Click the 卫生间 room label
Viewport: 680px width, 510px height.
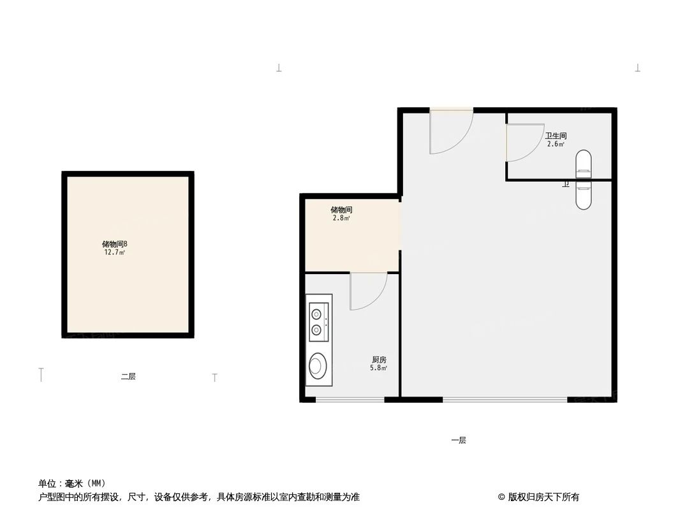tap(556, 136)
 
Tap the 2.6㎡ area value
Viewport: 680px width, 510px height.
tap(556, 144)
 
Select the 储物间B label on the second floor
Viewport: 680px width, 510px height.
tap(115, 244)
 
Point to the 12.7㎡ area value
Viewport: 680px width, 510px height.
tap(115, 252)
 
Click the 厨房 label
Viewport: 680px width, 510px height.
tap(379, 360)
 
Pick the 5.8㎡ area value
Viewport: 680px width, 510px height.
tap(379, 368)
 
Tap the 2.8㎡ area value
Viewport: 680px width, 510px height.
tap(341, 218)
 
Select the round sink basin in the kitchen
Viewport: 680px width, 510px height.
tap(316, 366)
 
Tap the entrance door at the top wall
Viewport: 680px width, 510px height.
tap(452, 131)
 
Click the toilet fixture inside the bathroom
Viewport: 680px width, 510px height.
tap(583, 164)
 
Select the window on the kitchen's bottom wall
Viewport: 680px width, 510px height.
tap(350, 400)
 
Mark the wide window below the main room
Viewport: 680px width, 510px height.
tap(505, 400)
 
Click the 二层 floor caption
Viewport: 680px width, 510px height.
tap(128, 377)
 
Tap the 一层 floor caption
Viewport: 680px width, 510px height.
tap(458, 441)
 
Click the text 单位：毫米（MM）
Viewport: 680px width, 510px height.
tap(72, 483)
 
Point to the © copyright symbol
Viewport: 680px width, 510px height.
tap(501, 497)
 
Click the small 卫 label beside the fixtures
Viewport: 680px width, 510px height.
tap(565, 184)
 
